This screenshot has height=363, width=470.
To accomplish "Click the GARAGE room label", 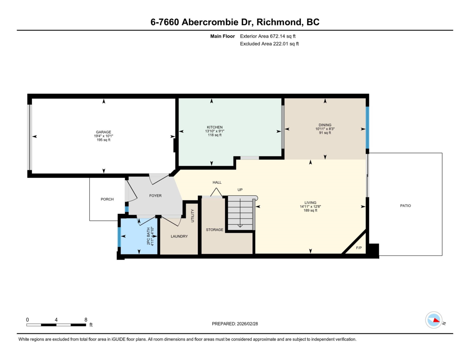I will [x=103, y=132].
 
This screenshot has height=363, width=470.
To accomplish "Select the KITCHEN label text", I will [x=215, y=127].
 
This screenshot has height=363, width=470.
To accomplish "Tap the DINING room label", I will [x=325, y=125].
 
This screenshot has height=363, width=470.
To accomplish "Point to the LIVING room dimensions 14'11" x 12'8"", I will [x=311, y=206].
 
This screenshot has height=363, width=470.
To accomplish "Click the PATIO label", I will [x=405, y=206].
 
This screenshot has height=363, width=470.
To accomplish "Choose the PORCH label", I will [x=107, y=199].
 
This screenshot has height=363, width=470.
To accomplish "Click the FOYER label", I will [x=155, y=196].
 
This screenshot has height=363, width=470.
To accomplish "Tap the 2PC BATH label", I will [x=148, y=236].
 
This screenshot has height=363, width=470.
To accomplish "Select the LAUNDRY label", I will [x=179, y=237].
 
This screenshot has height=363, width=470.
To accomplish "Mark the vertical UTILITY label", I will [x=192, y=216].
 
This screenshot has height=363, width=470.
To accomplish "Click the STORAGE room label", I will [x=215, y=230].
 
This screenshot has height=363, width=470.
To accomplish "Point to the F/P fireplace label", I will [x=358, y=248].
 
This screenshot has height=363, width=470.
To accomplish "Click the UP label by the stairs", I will [x=240, y=190].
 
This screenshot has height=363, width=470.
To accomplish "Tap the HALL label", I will [x=217, y=182].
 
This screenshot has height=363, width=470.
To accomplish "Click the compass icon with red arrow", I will [x=434, y=320].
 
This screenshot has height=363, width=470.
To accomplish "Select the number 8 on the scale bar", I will [x=85, y=320].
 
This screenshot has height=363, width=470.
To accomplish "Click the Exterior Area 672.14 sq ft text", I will [x=268, y=36].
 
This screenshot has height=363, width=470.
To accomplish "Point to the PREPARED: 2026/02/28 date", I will [x=235, y=324].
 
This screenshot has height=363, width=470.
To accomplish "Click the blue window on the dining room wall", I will [x=367, y=128].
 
